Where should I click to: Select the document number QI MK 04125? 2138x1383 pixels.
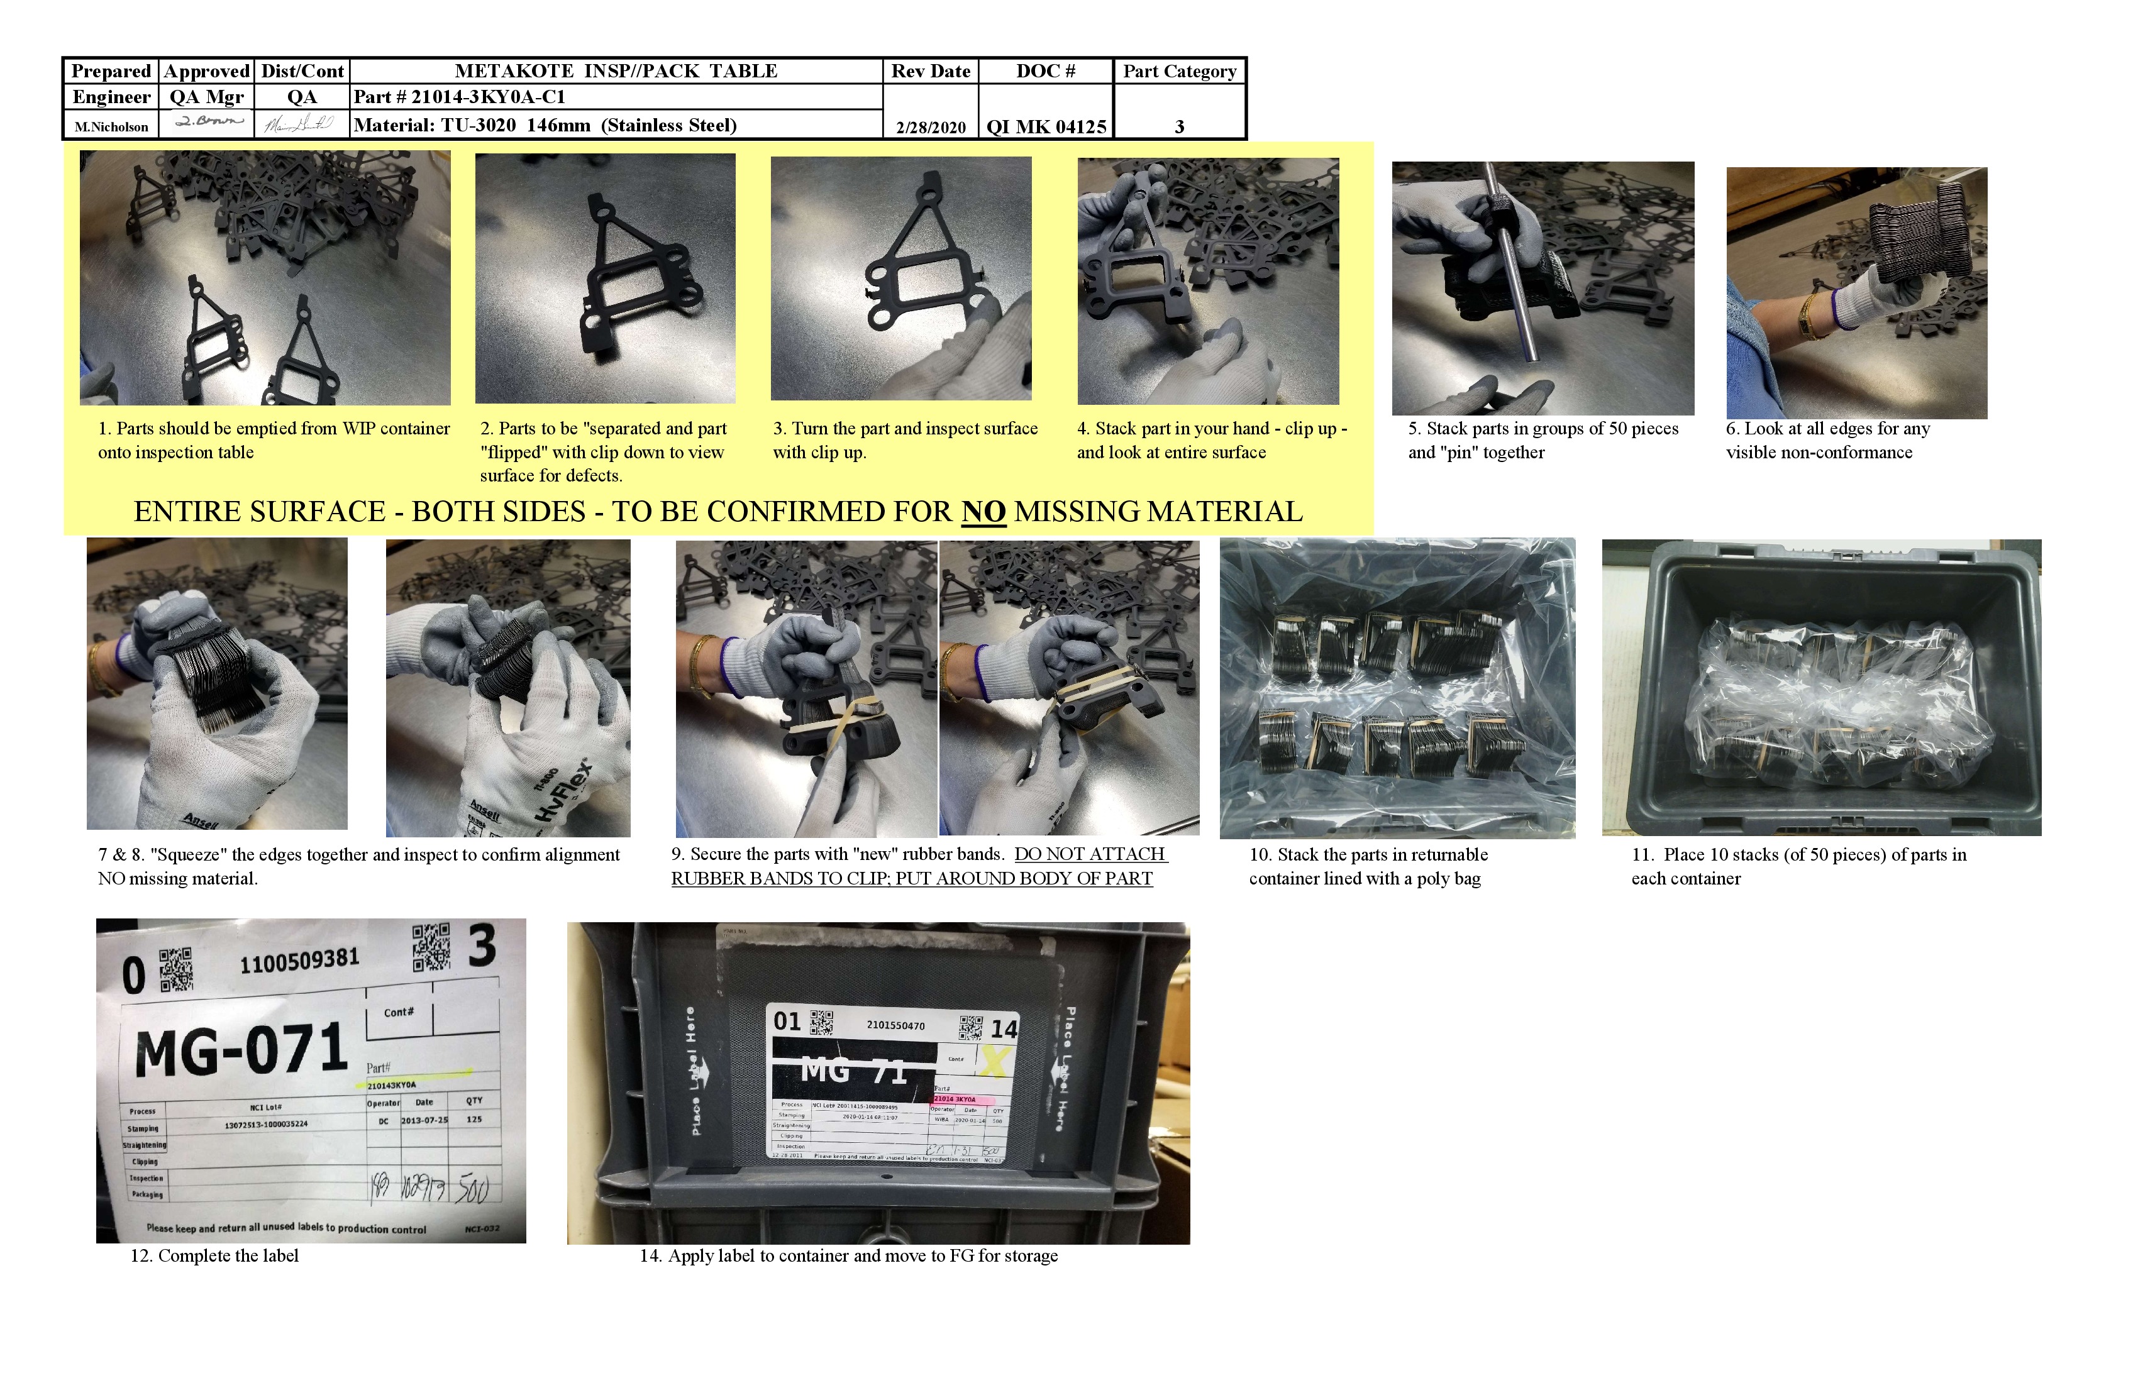pyautogui.click(x=1046, y=126)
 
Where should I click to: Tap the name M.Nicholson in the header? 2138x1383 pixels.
pyautogui.click(x=111, y=126)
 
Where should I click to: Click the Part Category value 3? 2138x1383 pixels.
pyautogui.click(x=1180, y=126)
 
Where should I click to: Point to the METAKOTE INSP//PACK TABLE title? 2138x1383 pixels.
pyautogui.click(x=616, y=71)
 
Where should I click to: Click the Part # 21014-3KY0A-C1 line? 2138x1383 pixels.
pyautogui.click(x=459, y=97)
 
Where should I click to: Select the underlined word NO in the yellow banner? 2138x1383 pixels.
pyautogui.click(x=983, y=512)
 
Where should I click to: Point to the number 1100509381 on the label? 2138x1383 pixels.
pyautogui.click(x=299, y=961)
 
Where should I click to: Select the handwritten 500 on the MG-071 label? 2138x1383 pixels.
pyautogui.click(x=472, y=1189)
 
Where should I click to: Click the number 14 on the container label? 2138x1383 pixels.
pyautogui.click(x=1004, y=1029)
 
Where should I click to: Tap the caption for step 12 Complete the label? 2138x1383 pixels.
pyautogui.click(x=214, y=1255)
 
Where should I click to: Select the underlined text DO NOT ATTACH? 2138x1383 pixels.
pyautogui.click(x=1090, y=854)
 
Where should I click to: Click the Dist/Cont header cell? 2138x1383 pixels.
pyautogui.click(x=302, y=71)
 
